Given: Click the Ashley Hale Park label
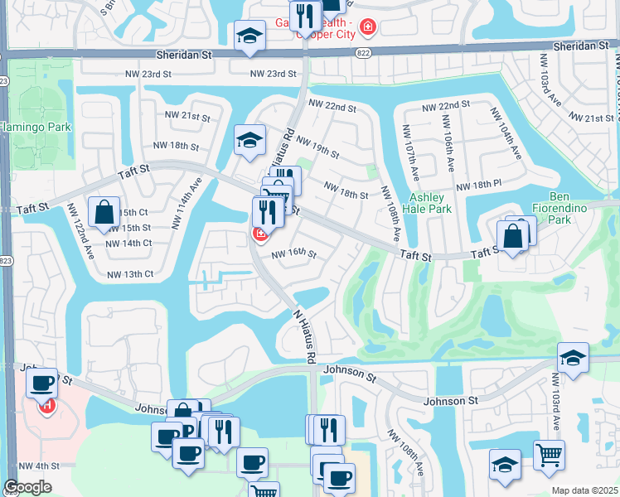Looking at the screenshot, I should pos(431,203).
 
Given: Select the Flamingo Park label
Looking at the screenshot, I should pos(35,127).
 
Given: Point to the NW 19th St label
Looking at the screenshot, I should pos(317,147).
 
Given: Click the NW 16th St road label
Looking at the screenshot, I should pos(293,254).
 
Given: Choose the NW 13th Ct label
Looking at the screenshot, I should pos(130,273).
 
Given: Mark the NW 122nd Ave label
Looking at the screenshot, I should pos(83,236).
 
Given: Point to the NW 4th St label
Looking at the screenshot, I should pos(39,466).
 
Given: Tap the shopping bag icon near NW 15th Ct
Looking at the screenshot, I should pos(105,212).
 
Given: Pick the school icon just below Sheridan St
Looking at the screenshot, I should pos(249,36).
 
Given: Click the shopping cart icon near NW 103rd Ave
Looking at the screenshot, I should pos(548,455).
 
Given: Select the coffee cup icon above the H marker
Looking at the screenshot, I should pos(41,382).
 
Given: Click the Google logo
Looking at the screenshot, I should pos(27,487).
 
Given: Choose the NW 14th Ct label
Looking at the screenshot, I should pos(128,243).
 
